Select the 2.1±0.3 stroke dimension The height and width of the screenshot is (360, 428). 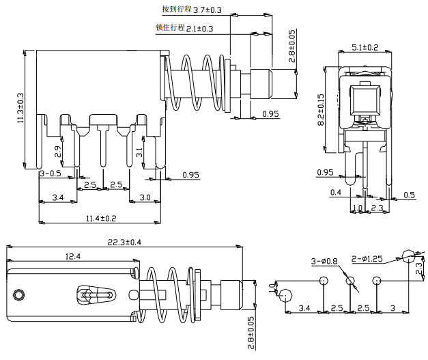click(199, 29)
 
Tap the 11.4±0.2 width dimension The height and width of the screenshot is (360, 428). click(101, 218)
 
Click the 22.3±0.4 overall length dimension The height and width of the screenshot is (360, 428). click(124, 243)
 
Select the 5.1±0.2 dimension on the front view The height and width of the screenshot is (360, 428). click(365, 47)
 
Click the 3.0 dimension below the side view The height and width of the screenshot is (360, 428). click(145, 197)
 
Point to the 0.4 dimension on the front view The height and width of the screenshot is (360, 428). click(335, 193)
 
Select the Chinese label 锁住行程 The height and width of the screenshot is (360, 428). click(170, 28)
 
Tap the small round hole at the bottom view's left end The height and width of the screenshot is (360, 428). click(19, 295)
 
